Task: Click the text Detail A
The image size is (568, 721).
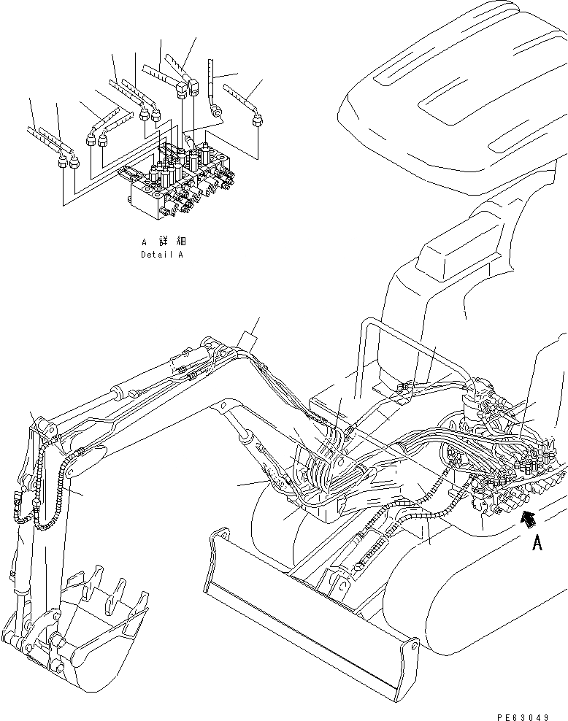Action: point(161,255)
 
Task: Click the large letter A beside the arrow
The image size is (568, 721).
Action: point(537,544)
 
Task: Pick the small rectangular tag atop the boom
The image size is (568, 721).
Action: point(248,342)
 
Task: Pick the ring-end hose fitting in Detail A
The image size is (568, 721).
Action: point(216,111)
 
